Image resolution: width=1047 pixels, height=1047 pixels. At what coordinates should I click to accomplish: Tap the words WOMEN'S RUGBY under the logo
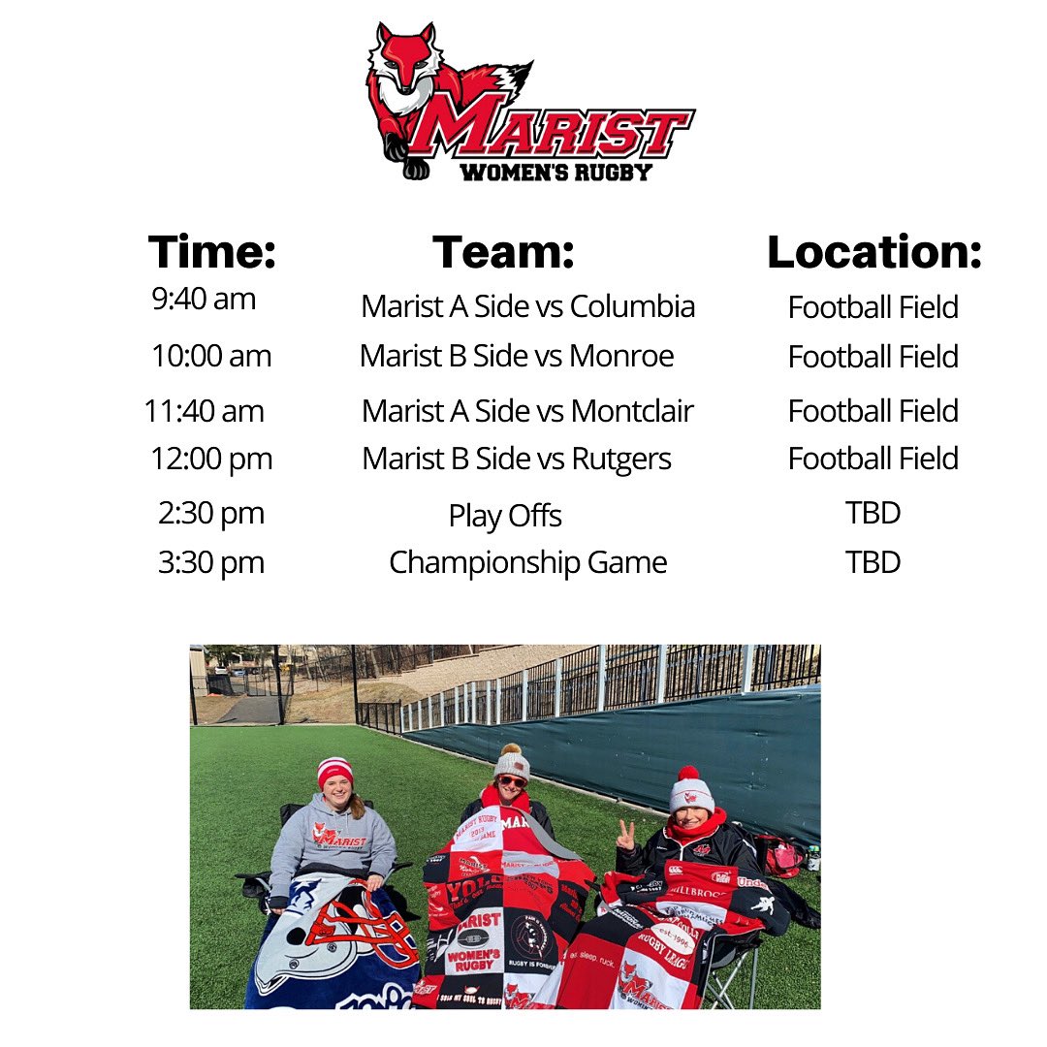click(x=555, y=173)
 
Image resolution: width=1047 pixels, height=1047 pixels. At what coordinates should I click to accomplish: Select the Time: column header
click(x=212, y=252)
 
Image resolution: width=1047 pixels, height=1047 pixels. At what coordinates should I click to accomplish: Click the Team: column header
click(x=503, y=252)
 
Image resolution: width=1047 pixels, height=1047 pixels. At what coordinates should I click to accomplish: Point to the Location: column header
click(x=874, y=252)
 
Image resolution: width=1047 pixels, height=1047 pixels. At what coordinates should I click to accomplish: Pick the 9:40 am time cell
click(x=204, y=299)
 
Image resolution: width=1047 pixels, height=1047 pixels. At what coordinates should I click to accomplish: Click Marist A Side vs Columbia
click(x=527, y=306)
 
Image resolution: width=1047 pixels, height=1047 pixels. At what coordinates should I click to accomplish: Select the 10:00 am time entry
click(x=211, y=356)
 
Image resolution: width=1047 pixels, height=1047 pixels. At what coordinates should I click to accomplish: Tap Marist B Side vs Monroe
click(x=517, y=356)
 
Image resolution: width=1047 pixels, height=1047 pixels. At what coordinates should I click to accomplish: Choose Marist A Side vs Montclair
click(x=527, y=411)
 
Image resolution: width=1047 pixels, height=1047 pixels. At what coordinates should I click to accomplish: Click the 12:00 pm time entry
click(x=211, y=459)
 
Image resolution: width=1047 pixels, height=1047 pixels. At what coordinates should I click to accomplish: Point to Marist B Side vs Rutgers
click(x=517, y=459)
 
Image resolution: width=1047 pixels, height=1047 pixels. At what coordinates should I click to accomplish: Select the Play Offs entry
click(x=505, y=516)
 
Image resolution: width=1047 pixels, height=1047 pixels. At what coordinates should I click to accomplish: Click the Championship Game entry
click(x=527, y=562)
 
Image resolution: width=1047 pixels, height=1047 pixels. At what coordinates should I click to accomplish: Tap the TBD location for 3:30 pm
click(x=872, y=562)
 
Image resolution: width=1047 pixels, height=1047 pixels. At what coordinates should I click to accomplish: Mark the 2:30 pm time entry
click(x=211, y=513)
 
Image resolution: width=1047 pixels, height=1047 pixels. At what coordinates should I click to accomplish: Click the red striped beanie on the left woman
click(x=335, y=772)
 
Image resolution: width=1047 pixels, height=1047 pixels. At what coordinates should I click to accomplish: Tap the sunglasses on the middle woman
click(x=512, y=781)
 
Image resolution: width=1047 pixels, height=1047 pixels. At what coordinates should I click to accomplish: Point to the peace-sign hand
click(x=626, y=834)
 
